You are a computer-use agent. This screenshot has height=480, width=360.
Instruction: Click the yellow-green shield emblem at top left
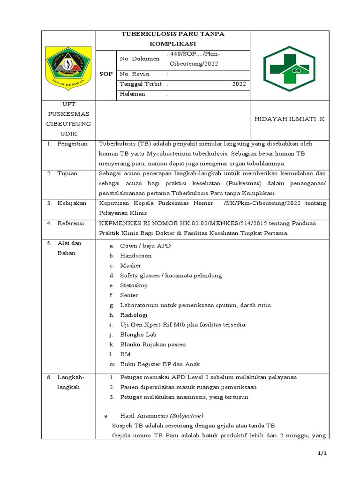pyautogui.click(x=68, y=66)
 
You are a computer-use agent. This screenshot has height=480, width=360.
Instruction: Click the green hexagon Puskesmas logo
pyautogui.click(x=286, y=66)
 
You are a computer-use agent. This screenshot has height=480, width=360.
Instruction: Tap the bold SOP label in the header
pyautogui.click(x=105, y=75)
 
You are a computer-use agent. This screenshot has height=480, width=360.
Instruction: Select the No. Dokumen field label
pyautogui.click(x=140, y=59)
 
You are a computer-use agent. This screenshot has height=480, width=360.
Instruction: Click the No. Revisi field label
pyautogui.click(x=135, y=74)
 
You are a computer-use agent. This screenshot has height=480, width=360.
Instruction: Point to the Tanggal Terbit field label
pyautogui.click(x=141, y=84)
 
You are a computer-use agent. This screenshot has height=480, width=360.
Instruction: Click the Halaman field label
pyautogui.click(x=133, y=94)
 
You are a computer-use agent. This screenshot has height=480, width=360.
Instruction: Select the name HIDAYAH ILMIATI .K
pyautogui.click(x=289, y=120)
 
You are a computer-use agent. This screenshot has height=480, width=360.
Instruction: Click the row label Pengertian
pyautogui.click(x=73, y=143)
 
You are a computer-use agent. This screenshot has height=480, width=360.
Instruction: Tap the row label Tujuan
pyautogui.click(x=67, y=173)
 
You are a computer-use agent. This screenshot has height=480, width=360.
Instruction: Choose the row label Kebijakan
pyautogui.click(x=71, y=203)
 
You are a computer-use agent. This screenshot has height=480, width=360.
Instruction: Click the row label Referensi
pyautogui.click(x=71, y=224)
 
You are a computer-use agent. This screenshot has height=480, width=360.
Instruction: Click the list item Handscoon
pyautogui.click(x=136, y=255)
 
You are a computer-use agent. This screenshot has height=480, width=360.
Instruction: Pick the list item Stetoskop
pyautogui.click(x=134, y=285)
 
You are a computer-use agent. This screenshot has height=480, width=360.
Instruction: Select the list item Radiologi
pyautogui.click(x=134, y=315)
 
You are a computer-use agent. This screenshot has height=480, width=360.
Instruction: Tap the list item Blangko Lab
pyautogui.click(x=138, y=335)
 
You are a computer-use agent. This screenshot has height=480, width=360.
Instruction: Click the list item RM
pyautogui.click(x=125, y=354)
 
